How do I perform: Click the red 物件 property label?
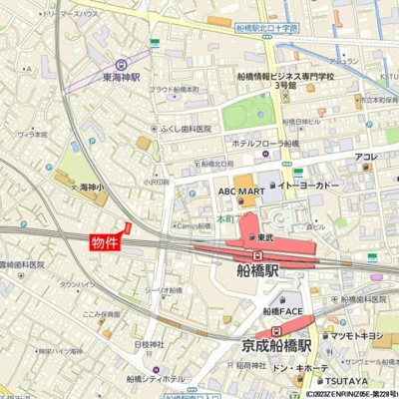point(105,242)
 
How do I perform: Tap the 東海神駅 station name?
point(122,77)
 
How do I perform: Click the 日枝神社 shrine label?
point(150,344)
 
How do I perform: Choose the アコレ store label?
point(366,157)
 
